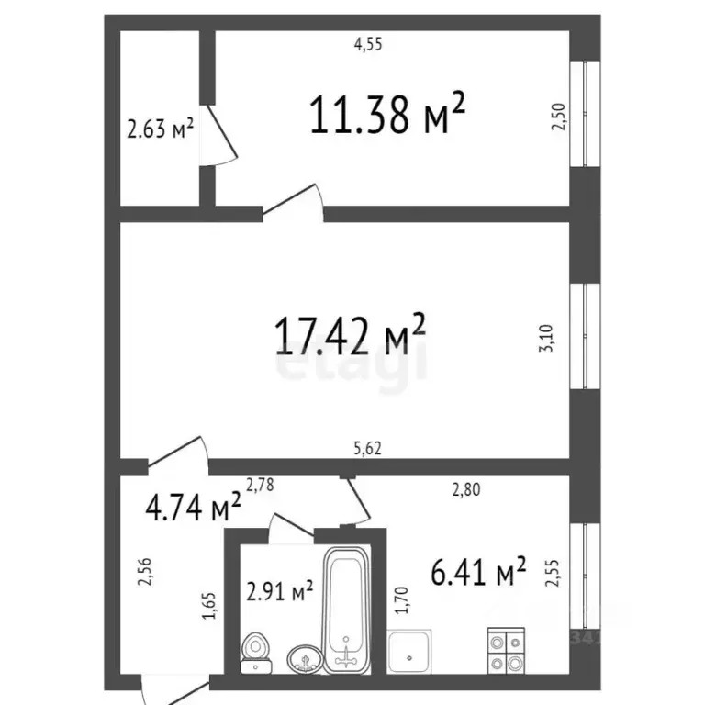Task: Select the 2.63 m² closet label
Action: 160,129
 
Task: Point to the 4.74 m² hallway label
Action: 194,507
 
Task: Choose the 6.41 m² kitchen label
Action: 477,573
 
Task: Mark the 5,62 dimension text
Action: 368,449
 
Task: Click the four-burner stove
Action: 504,651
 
